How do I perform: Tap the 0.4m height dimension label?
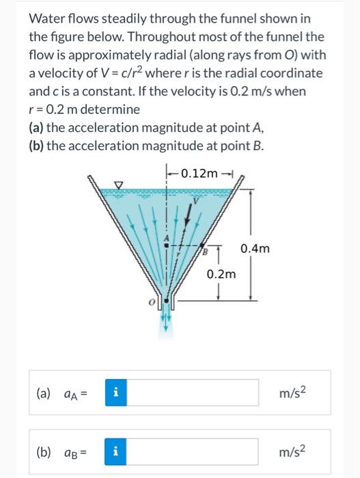256,249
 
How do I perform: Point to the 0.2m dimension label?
221,275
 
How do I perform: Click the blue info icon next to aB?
116,451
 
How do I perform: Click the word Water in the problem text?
47,18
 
